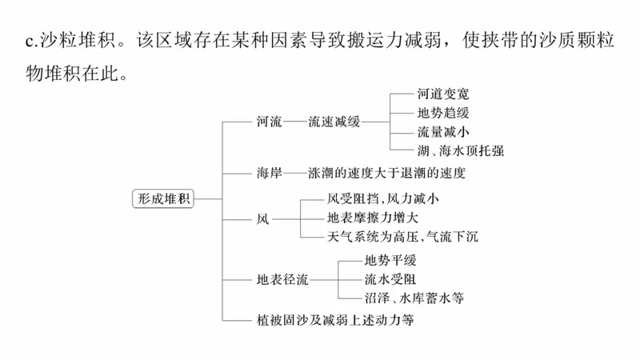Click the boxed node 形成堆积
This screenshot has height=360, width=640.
(163, 199)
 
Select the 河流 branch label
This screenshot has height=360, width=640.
(270, 122)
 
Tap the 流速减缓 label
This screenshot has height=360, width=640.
(334, 122)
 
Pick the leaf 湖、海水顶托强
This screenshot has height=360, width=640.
(460, 150)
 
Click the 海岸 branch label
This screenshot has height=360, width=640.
(270, 172)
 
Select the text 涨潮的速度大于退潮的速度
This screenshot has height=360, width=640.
(386, 172)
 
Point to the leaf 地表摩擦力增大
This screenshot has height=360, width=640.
(373, 218)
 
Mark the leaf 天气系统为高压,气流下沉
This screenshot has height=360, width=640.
(402, 237)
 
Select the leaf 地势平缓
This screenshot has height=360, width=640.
(390, 261)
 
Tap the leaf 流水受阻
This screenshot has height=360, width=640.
(390, 279)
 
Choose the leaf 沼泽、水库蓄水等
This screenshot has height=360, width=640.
(414, 298)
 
